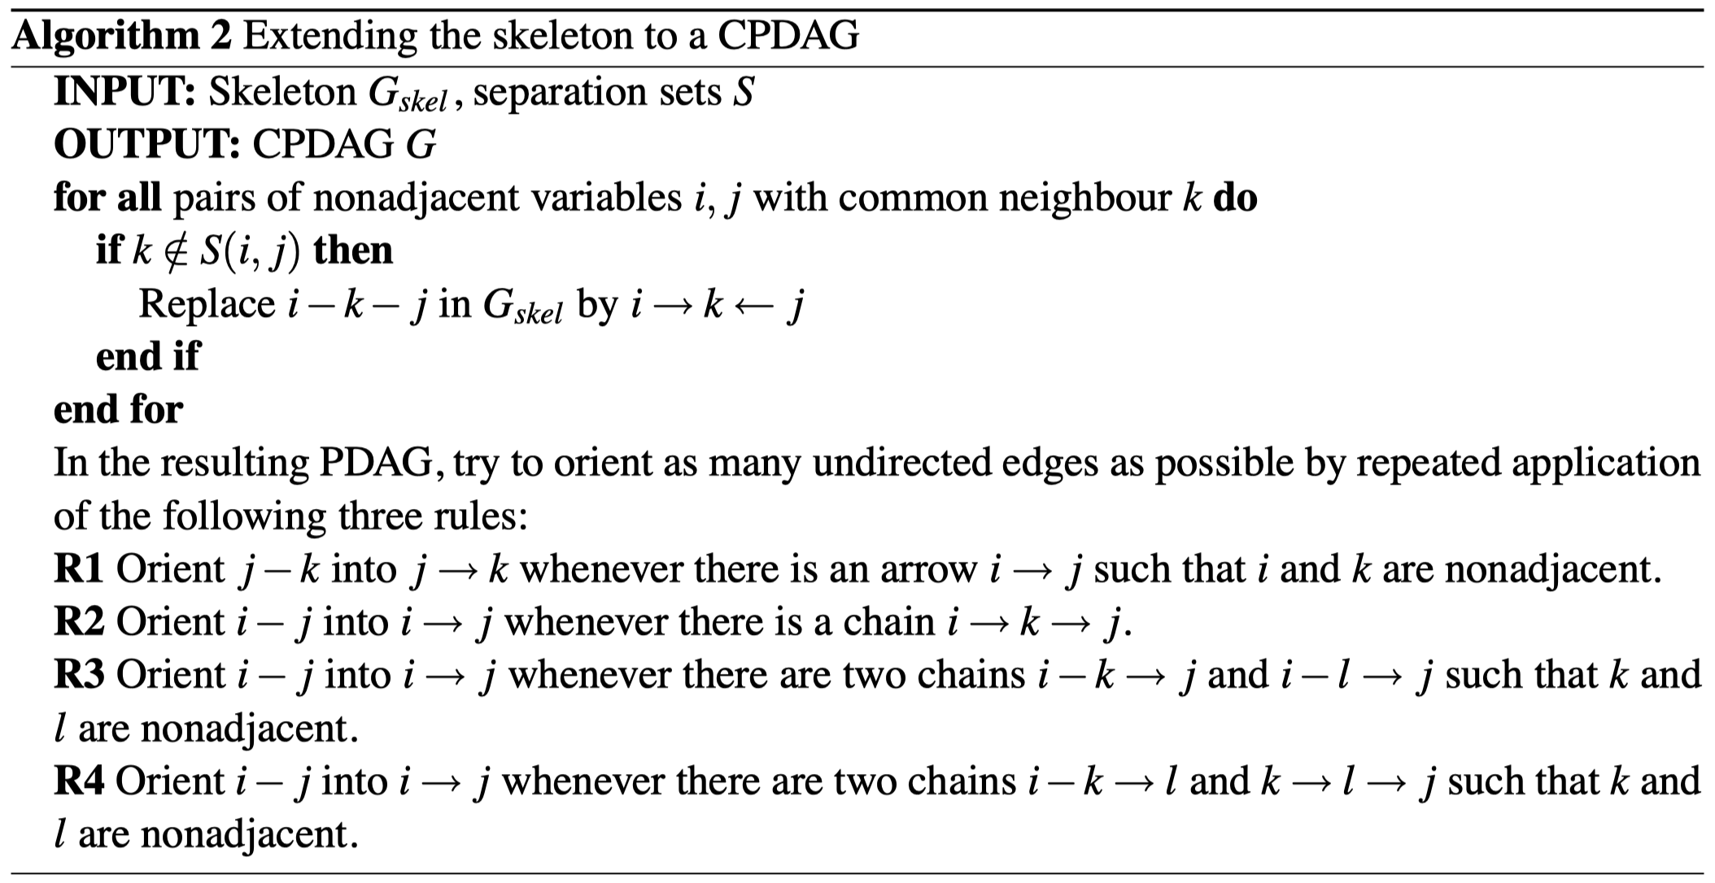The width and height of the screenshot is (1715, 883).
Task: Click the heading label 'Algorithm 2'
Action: point(122,37)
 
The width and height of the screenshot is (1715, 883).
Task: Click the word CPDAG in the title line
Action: point(788,37)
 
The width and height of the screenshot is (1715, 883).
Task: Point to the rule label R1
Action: point(78,569)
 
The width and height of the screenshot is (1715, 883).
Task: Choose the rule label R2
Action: point(78,622)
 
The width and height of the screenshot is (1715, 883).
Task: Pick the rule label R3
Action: point(78,675)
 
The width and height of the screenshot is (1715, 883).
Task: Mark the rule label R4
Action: point(78,781)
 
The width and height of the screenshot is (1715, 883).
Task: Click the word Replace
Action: point(207,304)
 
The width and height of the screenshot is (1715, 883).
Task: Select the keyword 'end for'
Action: point(118,409)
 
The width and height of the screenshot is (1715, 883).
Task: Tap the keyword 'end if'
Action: point(147,356)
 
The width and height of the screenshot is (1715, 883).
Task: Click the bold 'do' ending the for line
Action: point(1235,198)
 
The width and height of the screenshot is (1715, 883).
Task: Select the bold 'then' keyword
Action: point(353,250)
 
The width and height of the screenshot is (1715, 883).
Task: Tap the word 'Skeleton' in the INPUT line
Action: point(281,92)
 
